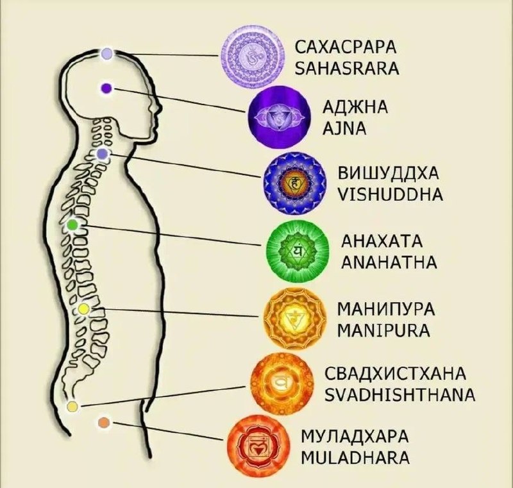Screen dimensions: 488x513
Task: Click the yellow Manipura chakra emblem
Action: [x=294, y=318]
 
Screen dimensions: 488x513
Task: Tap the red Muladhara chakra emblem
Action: [x=256, y=444]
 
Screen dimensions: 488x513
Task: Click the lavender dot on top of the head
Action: [x=106, y=54]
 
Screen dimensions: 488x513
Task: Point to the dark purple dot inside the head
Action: [x=106, y=88]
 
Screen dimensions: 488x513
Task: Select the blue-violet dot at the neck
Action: [x=103, y=154]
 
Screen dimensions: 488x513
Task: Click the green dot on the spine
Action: [x=72, y=225]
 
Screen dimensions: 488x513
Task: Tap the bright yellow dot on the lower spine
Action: [x=83, y=310]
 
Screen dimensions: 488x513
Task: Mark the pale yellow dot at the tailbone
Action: [x=72, y=407]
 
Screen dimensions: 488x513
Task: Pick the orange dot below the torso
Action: [x=104, y=423]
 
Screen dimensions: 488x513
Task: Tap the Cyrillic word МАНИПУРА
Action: [x=385, y=311]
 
